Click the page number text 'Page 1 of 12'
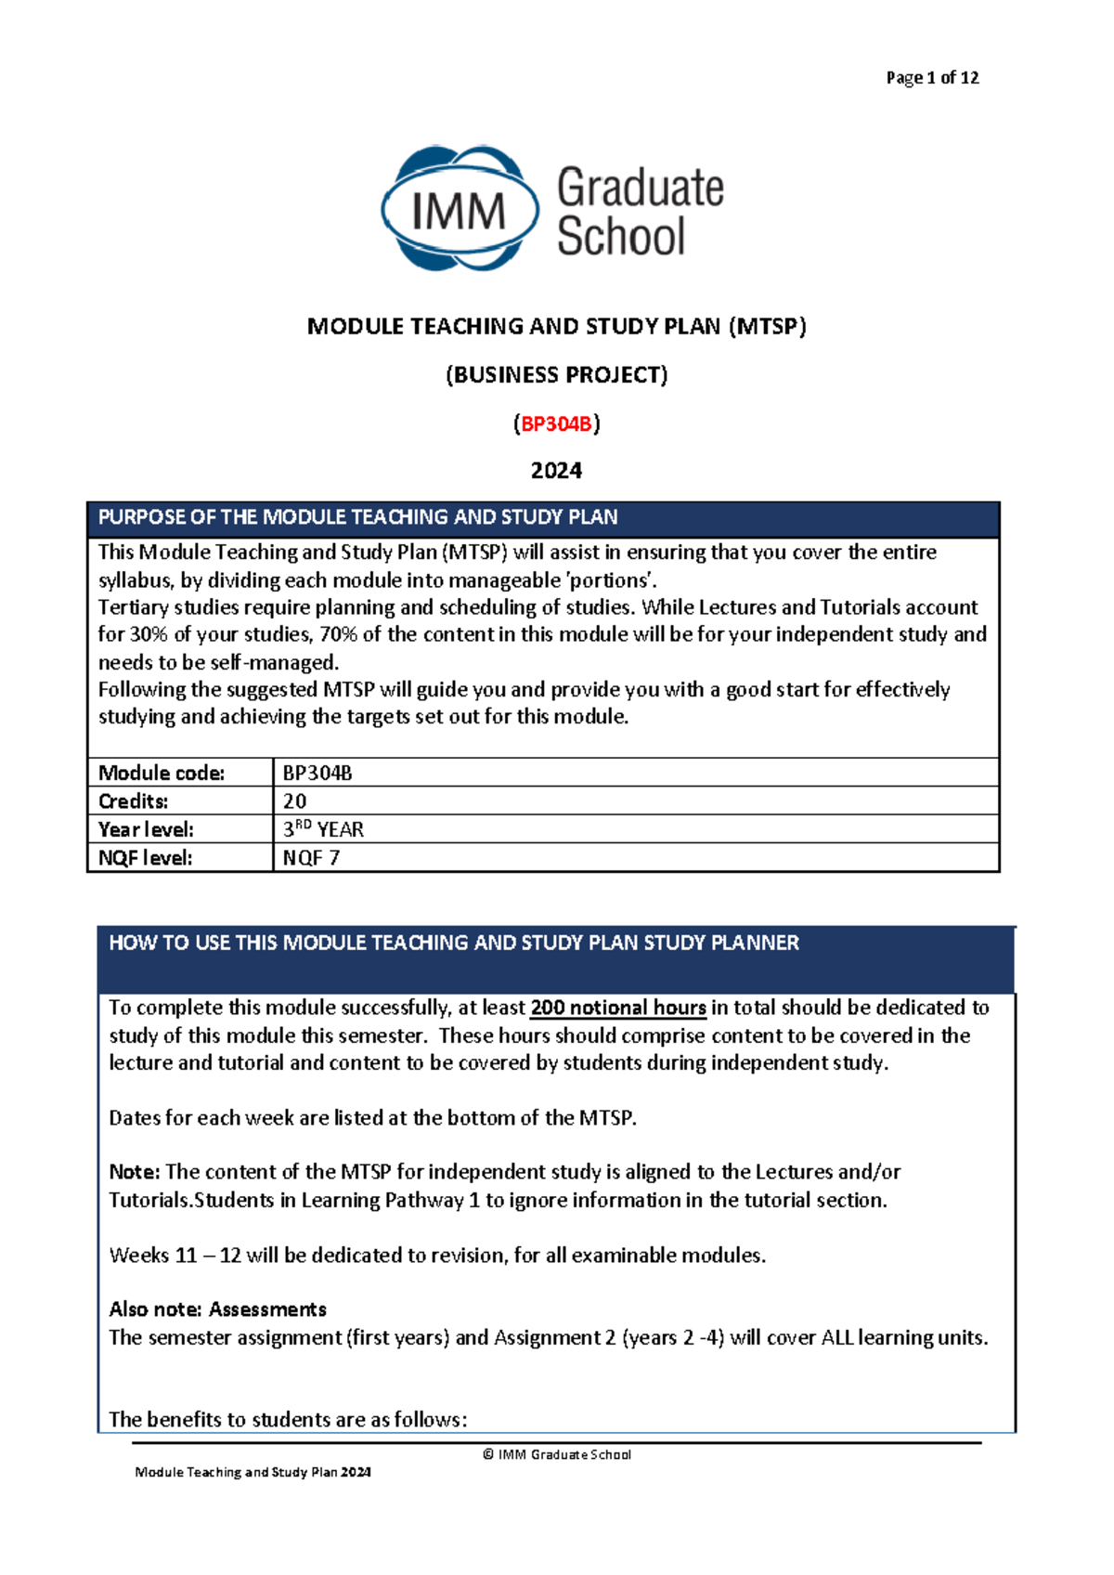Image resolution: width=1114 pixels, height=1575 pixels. coord(932,78)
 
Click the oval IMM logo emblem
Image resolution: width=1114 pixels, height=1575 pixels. coord(460,210)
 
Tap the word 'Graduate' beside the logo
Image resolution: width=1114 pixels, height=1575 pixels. coord(640,188)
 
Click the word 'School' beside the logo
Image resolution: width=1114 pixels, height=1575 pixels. coord(620,237)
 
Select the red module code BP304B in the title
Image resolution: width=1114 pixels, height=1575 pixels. coord(556,424)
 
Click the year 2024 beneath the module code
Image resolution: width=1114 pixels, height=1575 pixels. coord(556,471)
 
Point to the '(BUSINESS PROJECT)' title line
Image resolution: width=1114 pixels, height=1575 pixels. coord(556,375)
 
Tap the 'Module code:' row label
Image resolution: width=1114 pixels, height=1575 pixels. coord(162,773)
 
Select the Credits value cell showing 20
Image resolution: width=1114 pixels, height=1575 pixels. coord(295,801)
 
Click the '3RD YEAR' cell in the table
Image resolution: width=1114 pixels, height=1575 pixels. coord(323,829)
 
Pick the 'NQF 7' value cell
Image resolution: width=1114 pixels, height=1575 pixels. coord(311,858)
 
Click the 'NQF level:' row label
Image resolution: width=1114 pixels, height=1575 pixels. coord(146,858)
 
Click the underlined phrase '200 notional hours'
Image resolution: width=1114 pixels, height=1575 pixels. coord(617,1008)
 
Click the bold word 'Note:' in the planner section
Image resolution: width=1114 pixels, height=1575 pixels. coord(135,1172)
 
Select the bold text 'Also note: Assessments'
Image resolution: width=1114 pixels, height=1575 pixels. coord(217,1309)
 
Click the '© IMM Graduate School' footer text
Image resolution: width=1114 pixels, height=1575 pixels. coord(556,1455)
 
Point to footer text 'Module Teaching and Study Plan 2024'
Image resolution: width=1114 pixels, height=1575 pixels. coord(253,1473)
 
